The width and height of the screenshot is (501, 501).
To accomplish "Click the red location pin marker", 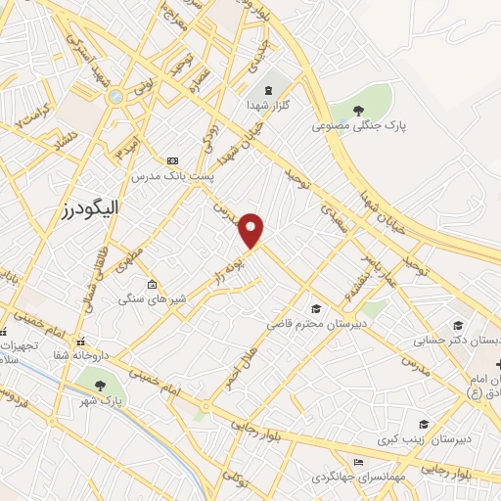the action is (x=252, y=229).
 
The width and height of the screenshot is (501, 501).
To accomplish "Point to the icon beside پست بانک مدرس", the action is (x=173, y=160).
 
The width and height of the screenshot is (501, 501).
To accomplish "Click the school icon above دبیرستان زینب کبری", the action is (x=424, y=424).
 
